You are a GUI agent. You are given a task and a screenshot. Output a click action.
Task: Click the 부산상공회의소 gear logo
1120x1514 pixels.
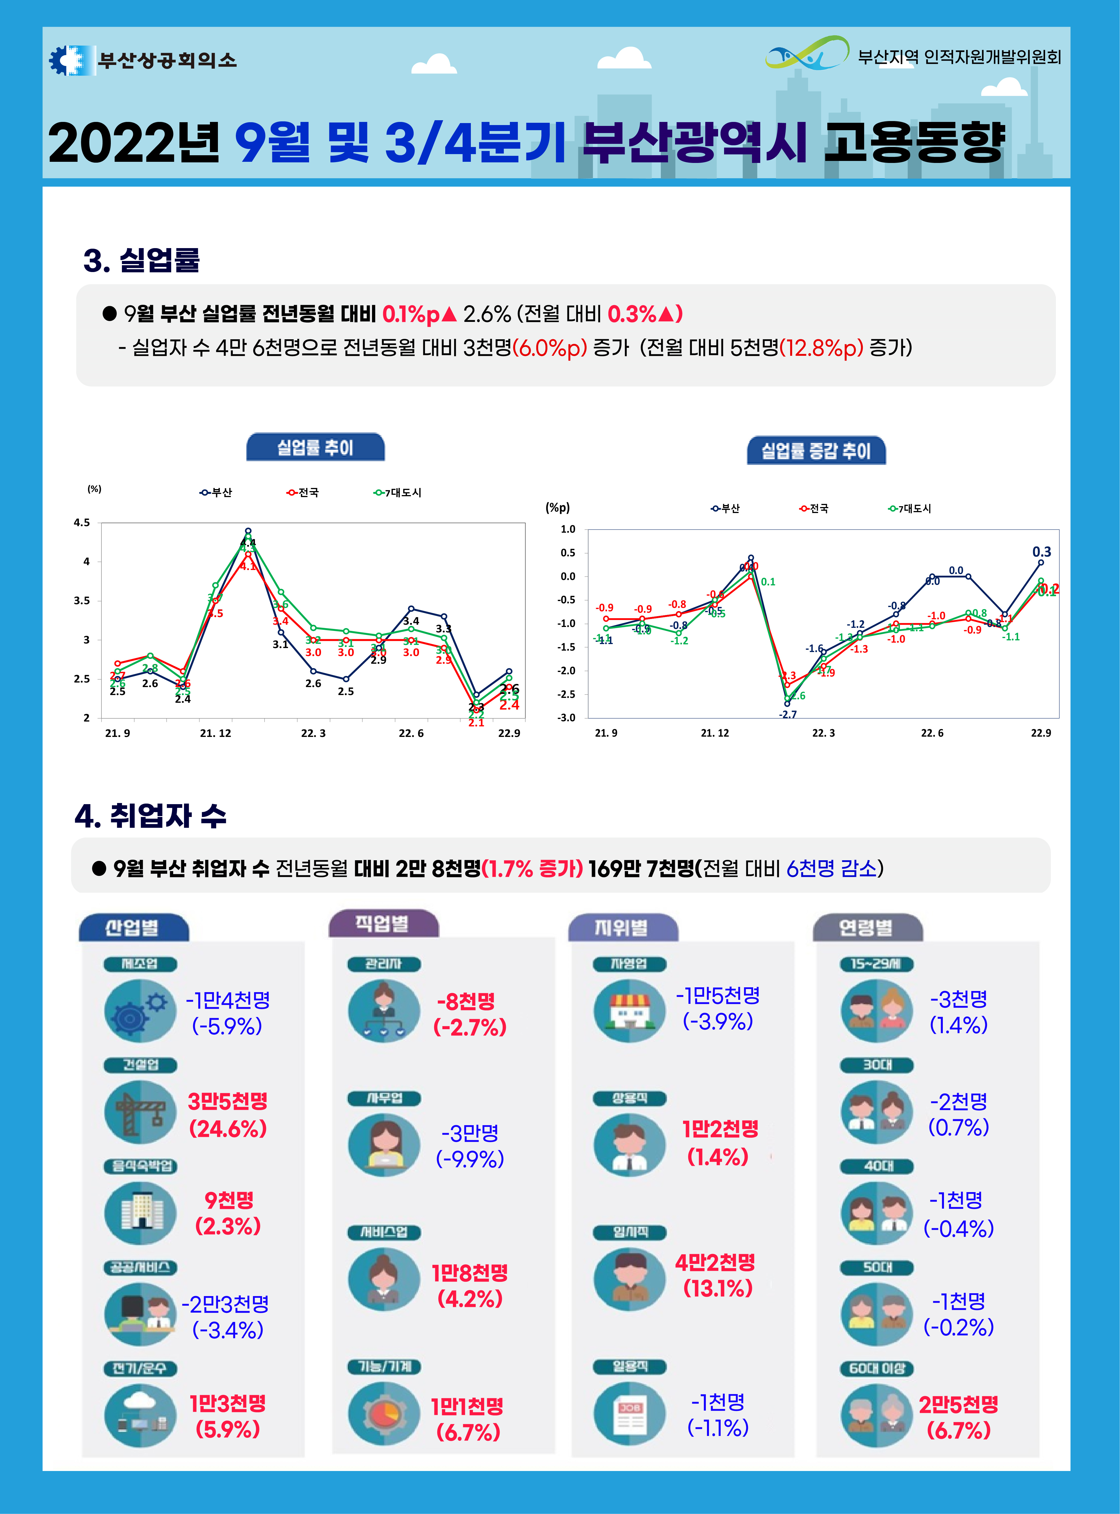click(x=70, y=60)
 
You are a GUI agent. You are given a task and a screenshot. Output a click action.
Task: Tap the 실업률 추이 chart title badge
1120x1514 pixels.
click(x=315, y=448)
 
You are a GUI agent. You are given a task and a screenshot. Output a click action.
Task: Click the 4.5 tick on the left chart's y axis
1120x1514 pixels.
click(x=82, y=523)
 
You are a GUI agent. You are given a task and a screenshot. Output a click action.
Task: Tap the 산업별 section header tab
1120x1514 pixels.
click(x=133, y=927)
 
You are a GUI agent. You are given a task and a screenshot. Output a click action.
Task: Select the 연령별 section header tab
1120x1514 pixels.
click(x=867, y=927)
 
